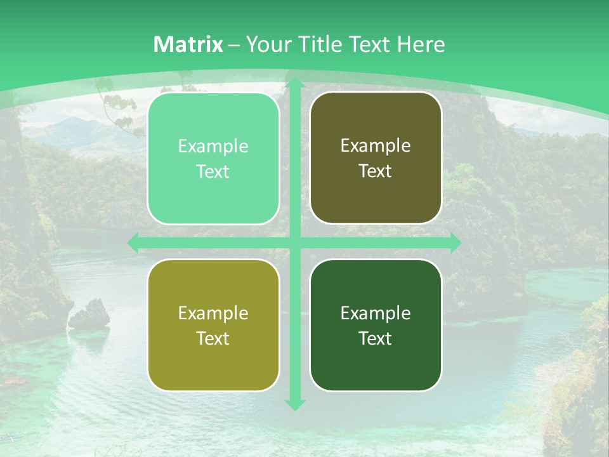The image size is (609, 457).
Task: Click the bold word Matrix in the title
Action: tap(188, 44)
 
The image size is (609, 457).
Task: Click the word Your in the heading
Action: tap(265, 44)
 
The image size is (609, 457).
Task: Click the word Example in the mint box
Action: tap(213, 147)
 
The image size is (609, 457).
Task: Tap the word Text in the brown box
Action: tap(376, 171)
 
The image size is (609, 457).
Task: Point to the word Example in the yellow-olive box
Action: tap(213, 314)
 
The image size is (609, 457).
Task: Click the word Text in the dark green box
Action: tap(376, 338)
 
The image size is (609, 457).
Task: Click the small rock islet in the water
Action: tap(89, 314)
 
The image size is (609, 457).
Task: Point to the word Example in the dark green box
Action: tap(376, 314)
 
